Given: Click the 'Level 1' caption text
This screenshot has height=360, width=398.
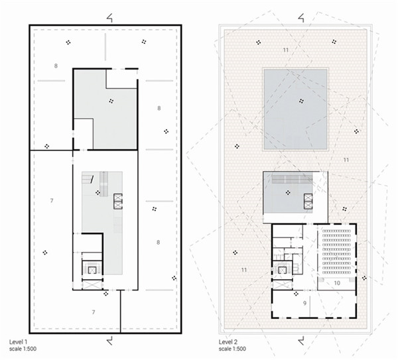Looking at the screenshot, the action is click(x=19, y=341).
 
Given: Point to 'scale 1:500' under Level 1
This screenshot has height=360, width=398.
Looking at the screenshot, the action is click(x=23, y=349).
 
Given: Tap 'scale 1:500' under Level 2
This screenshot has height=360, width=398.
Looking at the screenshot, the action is click(x=232, y=349).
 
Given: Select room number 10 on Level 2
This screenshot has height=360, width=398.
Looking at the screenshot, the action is click(x=337, y=282).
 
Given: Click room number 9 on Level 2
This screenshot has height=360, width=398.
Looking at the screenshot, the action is click(x=304, y=303).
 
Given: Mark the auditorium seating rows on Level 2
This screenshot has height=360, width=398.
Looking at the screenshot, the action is click(x=336, y=251).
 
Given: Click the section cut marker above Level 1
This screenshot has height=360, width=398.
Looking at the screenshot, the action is click(x=109, y=19).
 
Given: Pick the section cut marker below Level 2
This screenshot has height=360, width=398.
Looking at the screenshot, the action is click(x=301, y=341).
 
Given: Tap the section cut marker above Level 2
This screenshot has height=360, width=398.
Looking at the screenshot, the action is click(x=301, y=19).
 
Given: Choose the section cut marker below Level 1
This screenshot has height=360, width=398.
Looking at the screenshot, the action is click(x=109, y=341).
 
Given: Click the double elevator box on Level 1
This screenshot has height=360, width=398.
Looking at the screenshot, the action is click(x=118, y=202).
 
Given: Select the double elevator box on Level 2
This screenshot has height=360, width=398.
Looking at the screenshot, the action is click(x=308, y=202).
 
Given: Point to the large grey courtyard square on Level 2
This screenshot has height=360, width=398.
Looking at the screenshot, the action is click(x=295, y=109).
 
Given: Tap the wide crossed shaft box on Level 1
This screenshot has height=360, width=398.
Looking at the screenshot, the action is click(x=93, y=284).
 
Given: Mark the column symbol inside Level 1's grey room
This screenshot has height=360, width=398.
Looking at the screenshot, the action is click(x=111, y=101).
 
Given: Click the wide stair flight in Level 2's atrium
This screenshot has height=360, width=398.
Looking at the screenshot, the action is click(x=292, y=179).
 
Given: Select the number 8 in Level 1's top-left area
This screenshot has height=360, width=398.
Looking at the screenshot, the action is click(x=56, y=66).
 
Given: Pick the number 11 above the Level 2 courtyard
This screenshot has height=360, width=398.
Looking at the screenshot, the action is click(x=286, y=50).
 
